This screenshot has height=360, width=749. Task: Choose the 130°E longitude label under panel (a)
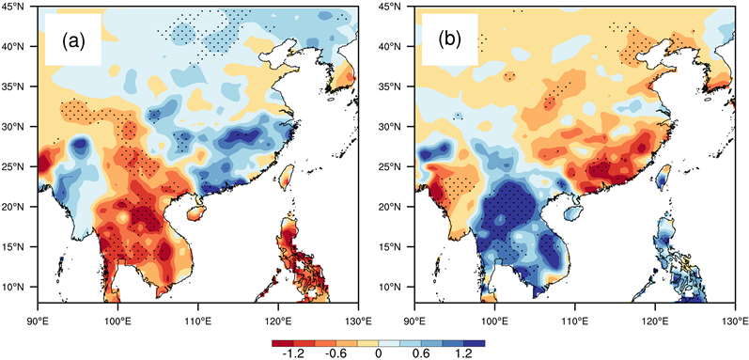pyautogui.click(x=358, y=321)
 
